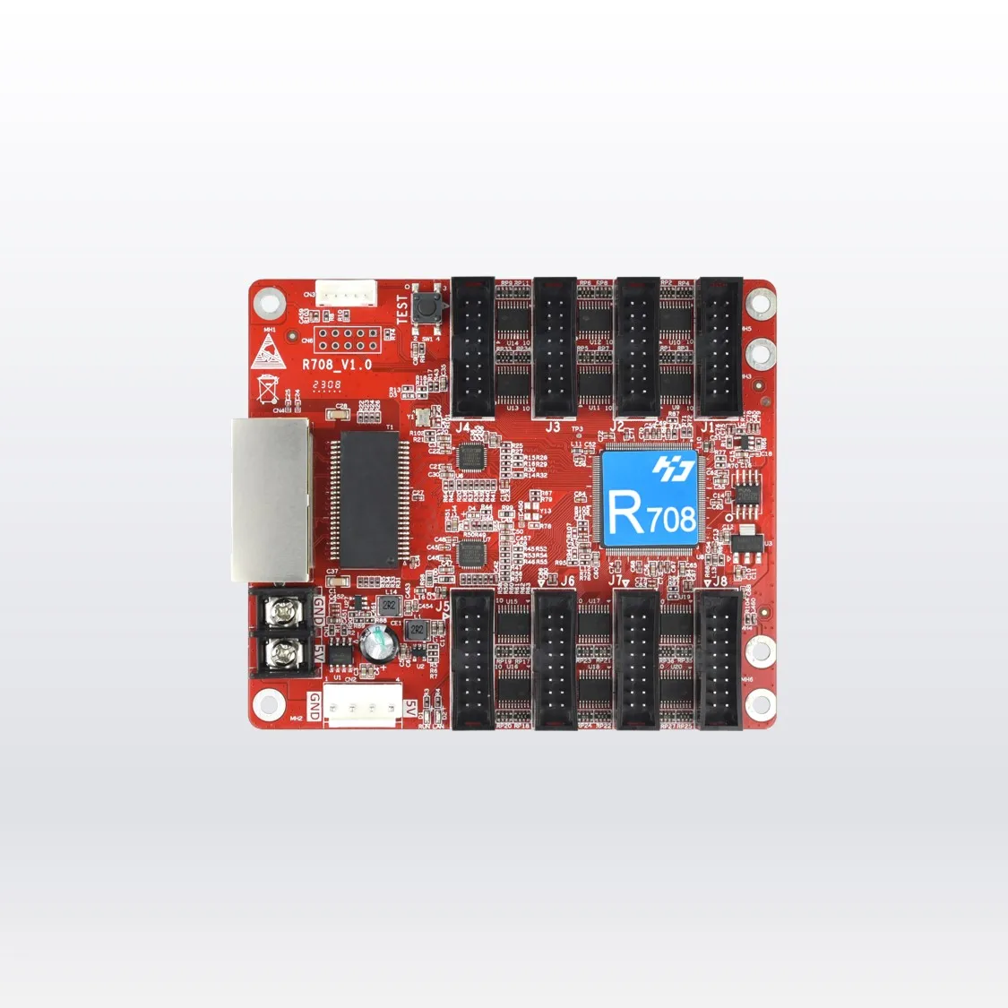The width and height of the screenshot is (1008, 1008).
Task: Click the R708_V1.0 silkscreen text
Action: tap(337, 365)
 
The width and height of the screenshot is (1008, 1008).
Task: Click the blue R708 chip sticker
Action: tap(650, 498)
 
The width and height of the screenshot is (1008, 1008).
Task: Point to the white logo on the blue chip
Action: tap(668, 467)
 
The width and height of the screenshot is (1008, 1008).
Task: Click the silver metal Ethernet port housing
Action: tap(272, 499)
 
